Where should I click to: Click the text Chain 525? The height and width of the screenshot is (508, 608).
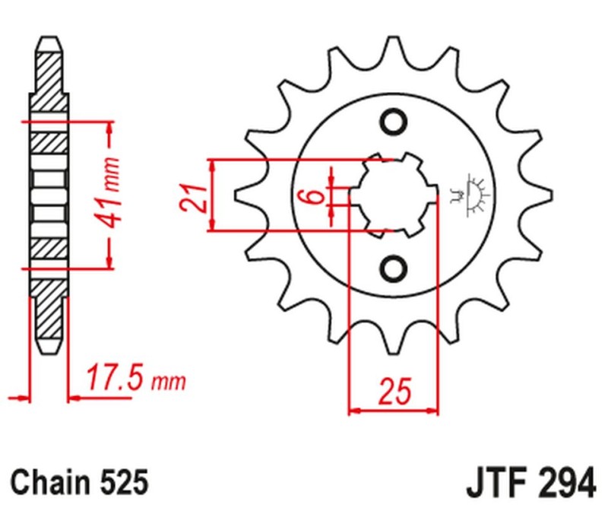pos(78,481)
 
